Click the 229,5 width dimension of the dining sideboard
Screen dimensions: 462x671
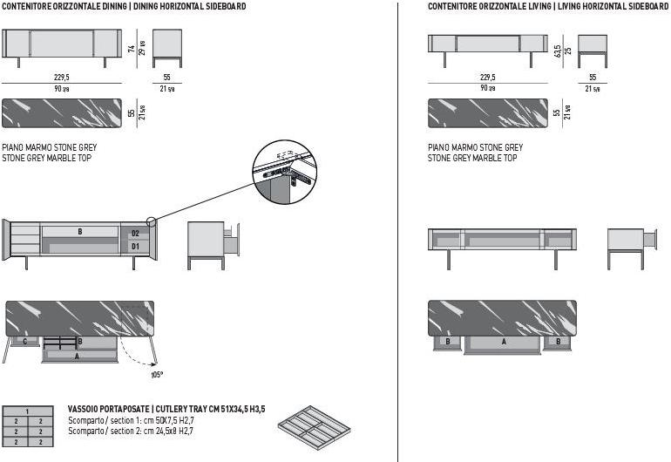coord(62,77)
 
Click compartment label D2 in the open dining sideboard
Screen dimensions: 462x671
coord(135,234)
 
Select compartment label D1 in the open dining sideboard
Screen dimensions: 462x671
coord(135,247)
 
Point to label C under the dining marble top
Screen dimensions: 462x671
coord(24,342)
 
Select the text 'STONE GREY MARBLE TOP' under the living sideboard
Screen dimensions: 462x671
coord(472,159)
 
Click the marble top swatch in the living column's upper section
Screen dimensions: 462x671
coord(488,113)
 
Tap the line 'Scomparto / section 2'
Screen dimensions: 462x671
coord(130,430)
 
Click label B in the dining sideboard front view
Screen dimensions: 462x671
coord(79,232)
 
